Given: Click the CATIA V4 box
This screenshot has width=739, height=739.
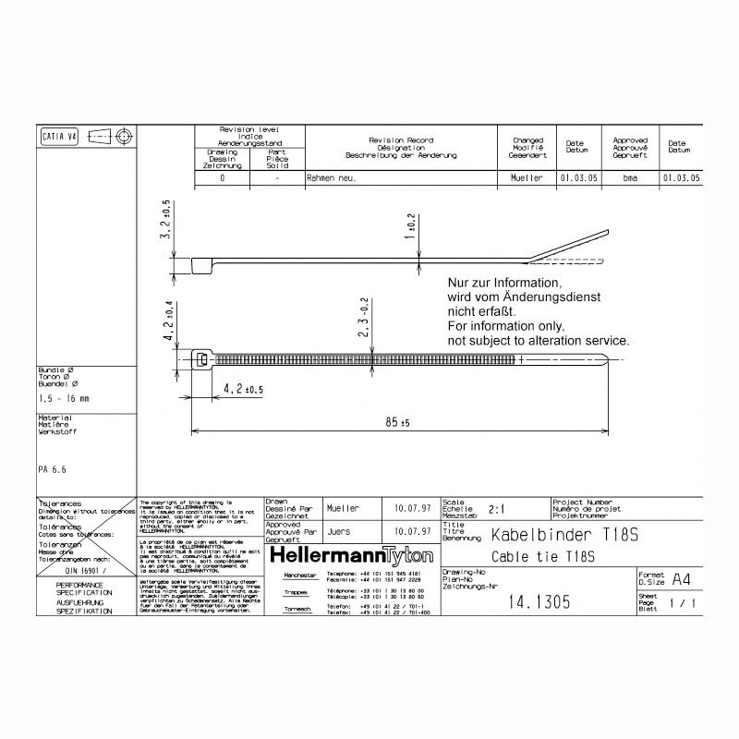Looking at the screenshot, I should [x=60, y=137].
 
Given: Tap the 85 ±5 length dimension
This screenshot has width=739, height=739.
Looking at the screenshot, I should [x=399, y=421].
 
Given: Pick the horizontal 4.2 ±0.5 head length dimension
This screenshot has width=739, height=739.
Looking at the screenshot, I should [x=244, y=391].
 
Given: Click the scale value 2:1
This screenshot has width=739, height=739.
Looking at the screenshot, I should [x=496, y=508].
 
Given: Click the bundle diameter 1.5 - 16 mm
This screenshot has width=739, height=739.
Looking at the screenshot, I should [x=65, y=398].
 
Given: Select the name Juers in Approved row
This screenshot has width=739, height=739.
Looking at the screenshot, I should [x=339, y=532].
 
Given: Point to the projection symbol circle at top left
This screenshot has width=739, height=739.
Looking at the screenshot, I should [x=125, y=137].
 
